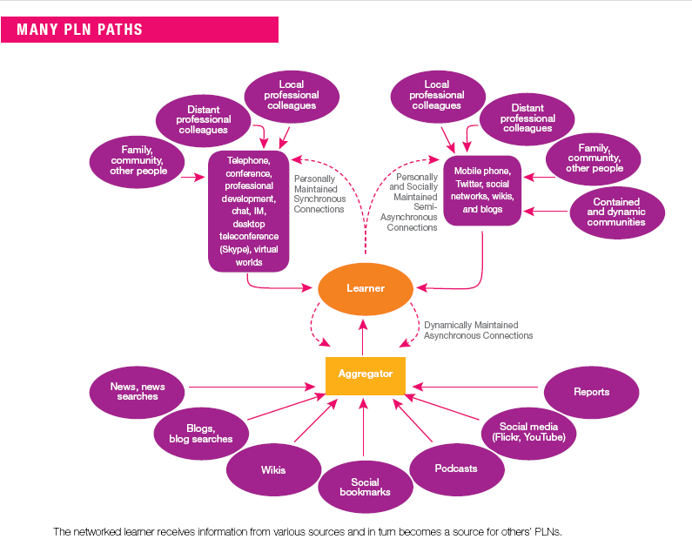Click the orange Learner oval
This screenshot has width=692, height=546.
[x=364, y=288]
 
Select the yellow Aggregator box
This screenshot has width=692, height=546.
[x=365, y=374]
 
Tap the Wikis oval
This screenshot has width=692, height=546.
[x=273, y=470]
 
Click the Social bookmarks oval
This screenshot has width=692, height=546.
[x=365, y=487]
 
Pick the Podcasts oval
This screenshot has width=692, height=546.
[x=456, y=468]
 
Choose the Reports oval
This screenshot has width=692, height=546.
[x=591, y=392]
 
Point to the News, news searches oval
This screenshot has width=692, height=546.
[x=138, y=391]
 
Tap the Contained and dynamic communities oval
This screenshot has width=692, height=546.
[x=616, y=212]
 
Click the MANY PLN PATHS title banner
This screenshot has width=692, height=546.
[x=139, y=30]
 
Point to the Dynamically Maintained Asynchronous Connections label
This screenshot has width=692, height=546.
[x=478, y=329]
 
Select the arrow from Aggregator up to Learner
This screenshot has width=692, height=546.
[x=365, y=337]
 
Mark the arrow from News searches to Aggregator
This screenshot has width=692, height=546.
[x=252, y=387]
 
